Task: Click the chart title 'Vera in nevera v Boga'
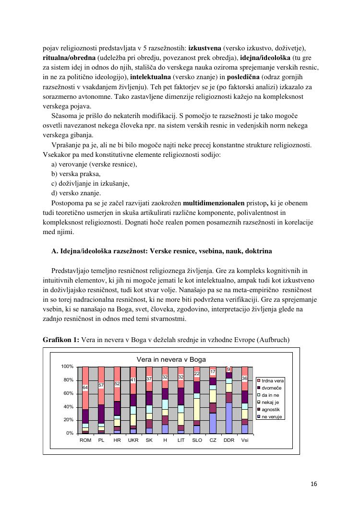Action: point(171,359)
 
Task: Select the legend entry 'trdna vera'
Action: point(272,380)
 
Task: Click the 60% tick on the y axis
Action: point(67,393)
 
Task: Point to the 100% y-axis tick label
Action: point(67,367)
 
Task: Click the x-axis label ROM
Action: point(85,440)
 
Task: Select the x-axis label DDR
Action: point(229,440)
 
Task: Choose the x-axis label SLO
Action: point(197,440)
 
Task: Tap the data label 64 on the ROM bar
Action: point(85,387)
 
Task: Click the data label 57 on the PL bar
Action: point(101,385)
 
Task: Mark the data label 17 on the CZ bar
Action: point(213,372)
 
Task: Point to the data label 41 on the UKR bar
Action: point(133,380)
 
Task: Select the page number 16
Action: point(314,484)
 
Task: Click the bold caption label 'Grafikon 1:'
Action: point(61,340)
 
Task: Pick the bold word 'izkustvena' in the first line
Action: point(205,48)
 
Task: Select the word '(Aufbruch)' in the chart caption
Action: point(273,340)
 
